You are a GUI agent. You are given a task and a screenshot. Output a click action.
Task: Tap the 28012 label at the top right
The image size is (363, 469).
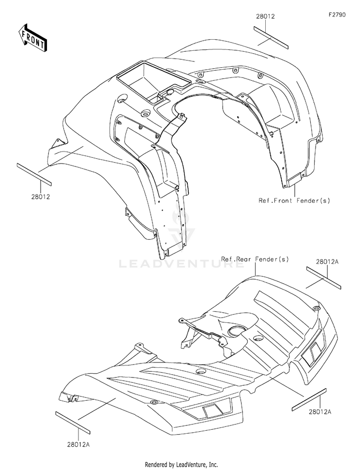coord(265,16)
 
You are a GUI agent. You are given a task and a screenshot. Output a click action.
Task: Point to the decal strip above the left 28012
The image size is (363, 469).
coord(34,173)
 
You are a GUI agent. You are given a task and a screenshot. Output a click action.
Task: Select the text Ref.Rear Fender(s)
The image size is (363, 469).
coord(255,259)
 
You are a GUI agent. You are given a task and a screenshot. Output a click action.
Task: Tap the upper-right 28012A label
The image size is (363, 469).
coord(327,262)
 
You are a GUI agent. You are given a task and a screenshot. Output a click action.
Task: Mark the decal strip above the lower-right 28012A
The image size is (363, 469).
coord(310,399)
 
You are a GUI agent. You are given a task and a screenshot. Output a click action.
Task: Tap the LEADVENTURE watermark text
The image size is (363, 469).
coord(181,264)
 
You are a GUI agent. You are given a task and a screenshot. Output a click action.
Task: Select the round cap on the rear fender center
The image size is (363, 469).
coord(238,332)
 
